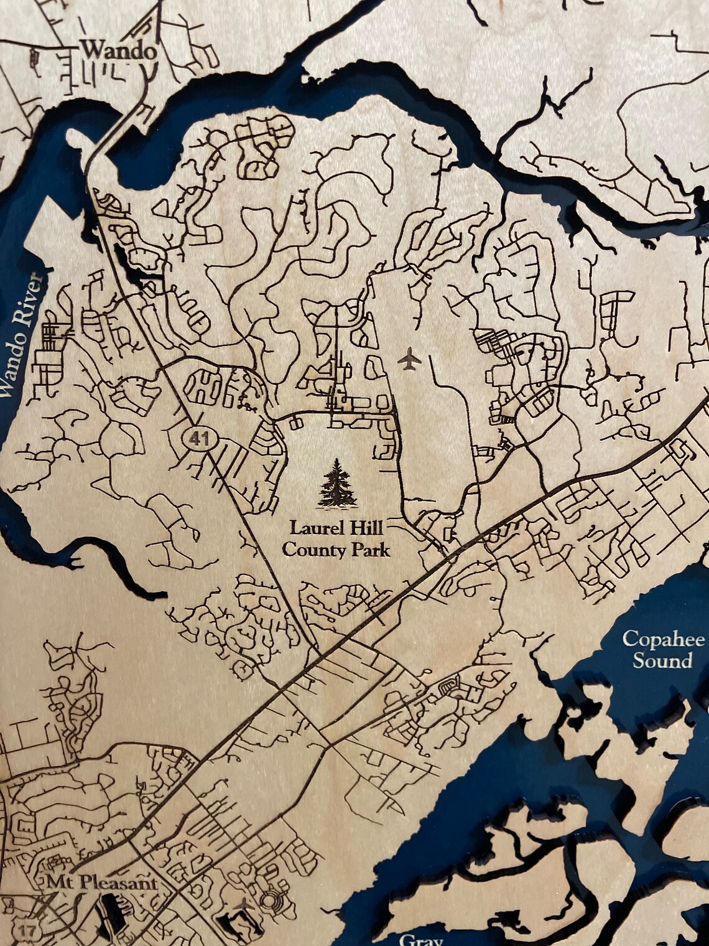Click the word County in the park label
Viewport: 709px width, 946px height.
308,550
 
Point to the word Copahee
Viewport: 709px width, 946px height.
663,639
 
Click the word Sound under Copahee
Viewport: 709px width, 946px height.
662,660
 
